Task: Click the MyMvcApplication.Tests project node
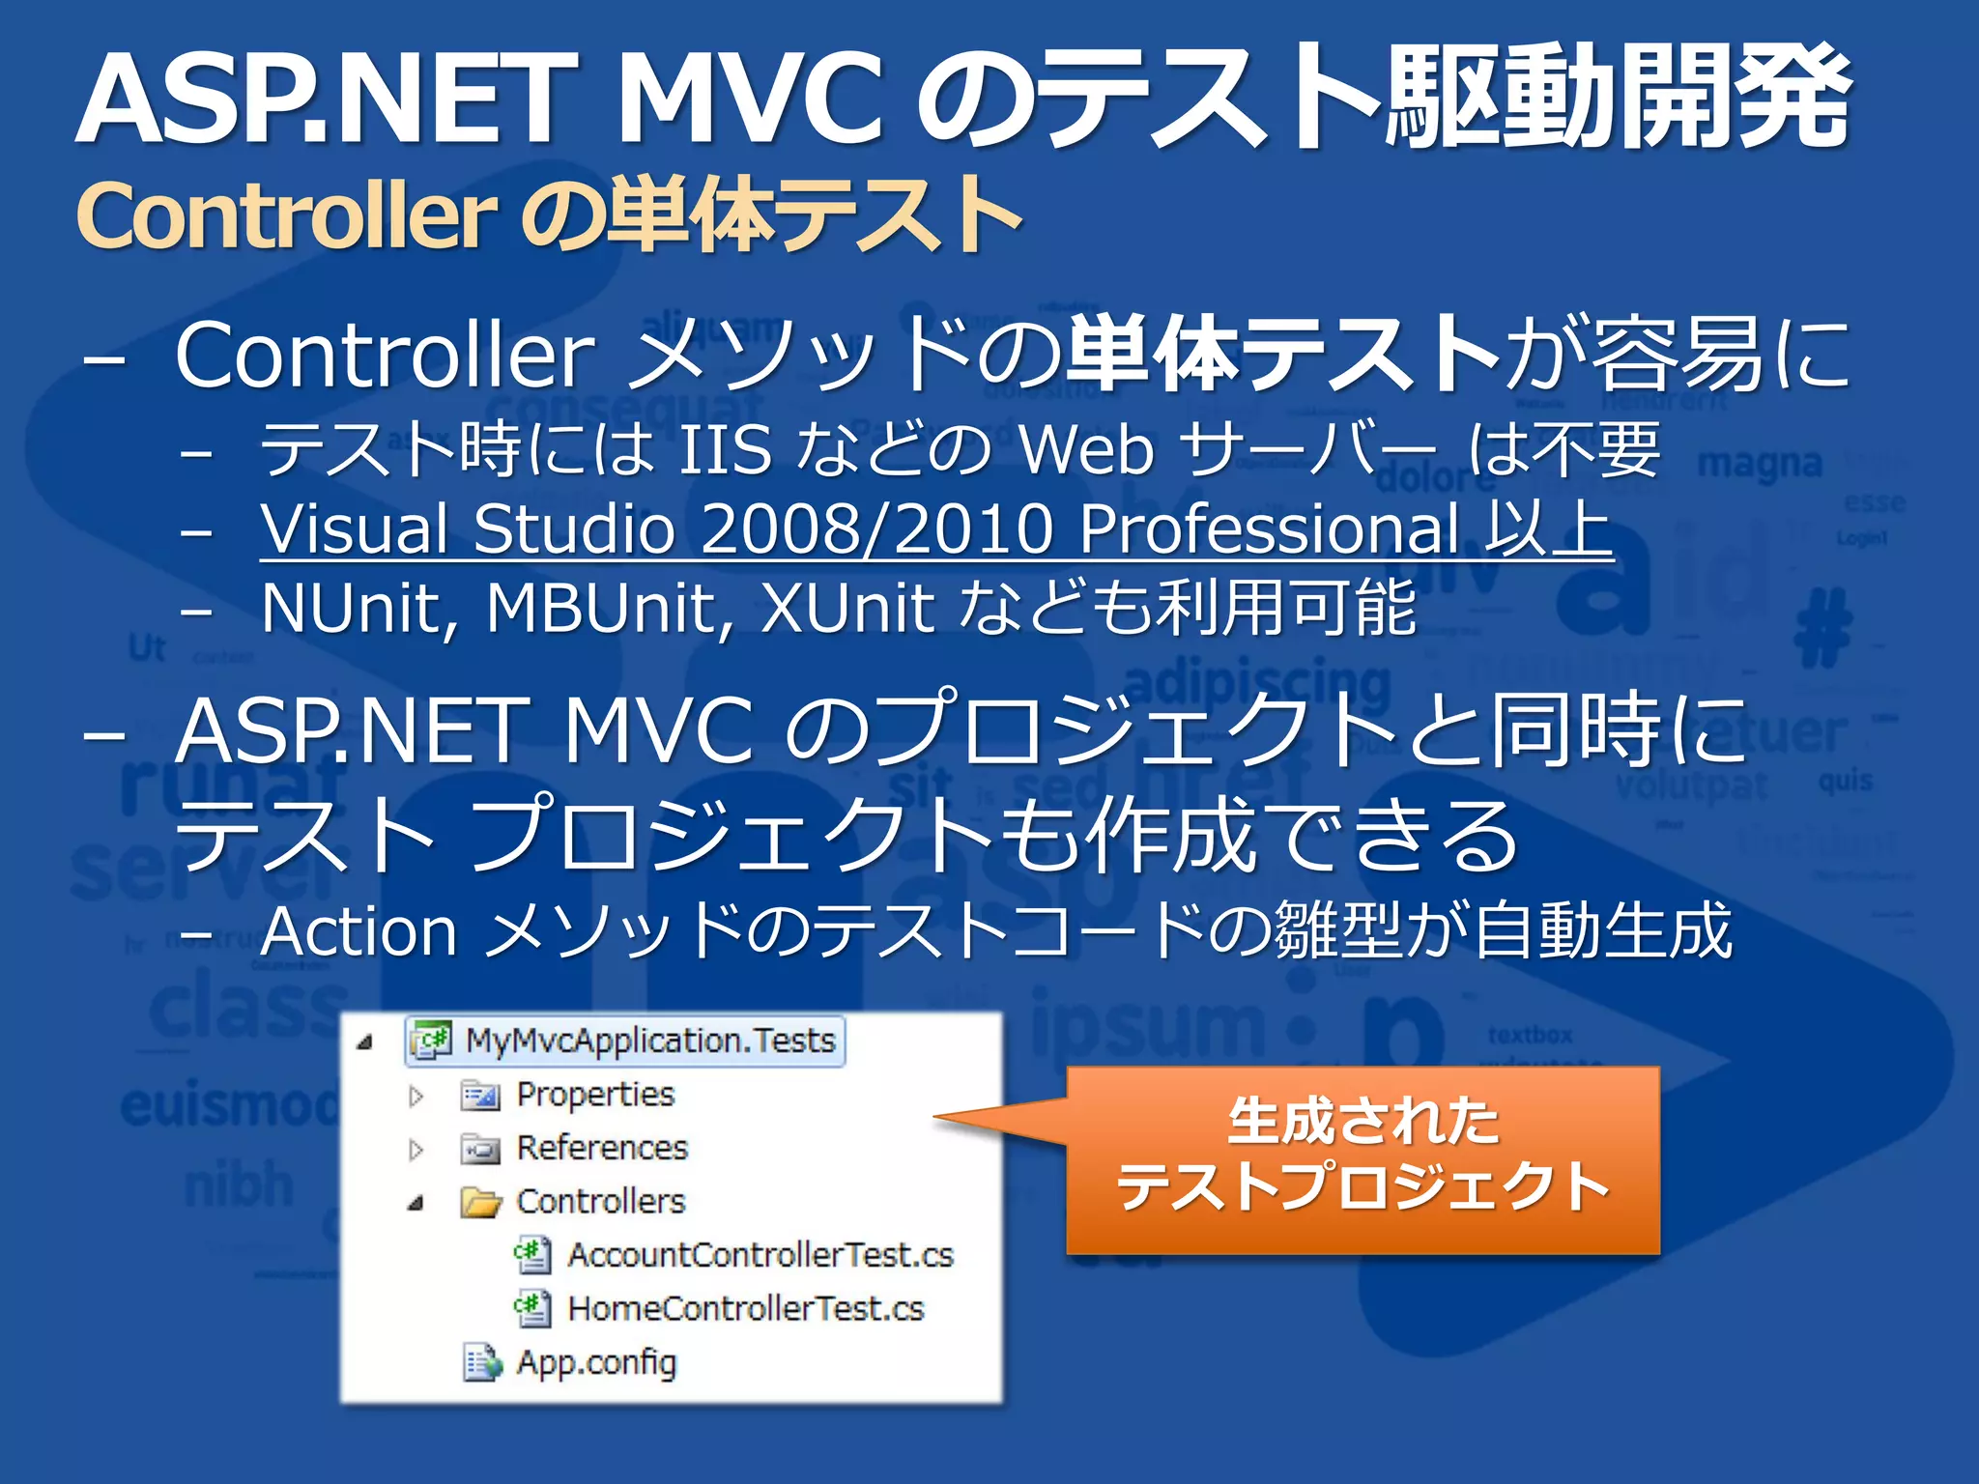coord(649,1041)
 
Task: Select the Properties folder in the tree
coord(594,1095)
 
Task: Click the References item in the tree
coord(601,1148)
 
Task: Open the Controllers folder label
coord(600,1201)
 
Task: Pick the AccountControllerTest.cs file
coord(760,1255)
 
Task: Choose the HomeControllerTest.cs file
coord(745,1308)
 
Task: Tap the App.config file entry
coord(596,1362)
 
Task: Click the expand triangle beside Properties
coord(416,1096)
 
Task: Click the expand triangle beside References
coord(416,1149)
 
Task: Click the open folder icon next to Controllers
coord(480,1203)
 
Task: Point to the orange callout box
coord(1362,1159)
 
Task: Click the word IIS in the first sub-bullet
coord(725,449)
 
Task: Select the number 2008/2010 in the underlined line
coord(875,528)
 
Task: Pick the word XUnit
coord(846,609)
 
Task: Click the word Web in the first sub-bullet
coord(1086,449)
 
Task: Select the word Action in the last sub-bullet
coord(359,931)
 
